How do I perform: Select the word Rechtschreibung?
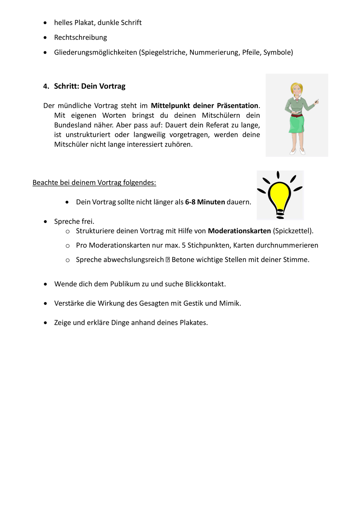(x=80, y=37)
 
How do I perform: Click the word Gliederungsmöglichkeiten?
(x=95, y=52)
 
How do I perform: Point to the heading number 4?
(x=46, y=87)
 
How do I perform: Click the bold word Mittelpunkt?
(x=170, y=106)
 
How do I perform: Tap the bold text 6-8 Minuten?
(x=205, y=202)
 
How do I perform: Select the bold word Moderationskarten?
(x=239, y=231)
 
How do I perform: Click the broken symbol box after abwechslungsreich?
(x=168, y=260)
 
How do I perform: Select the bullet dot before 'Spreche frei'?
(x=45, y=222)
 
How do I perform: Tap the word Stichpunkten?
(x=208, y=245)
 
